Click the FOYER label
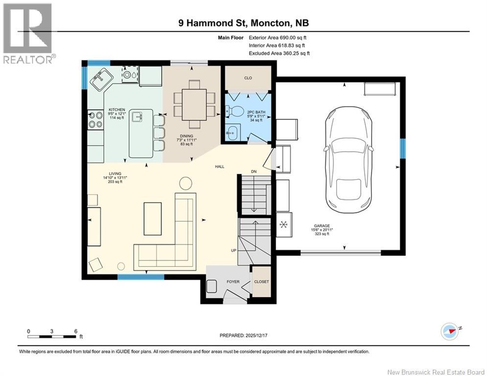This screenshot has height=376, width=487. [232, 282]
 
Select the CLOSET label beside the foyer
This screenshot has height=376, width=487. [261, 282]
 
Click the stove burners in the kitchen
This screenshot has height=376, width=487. [94, 120]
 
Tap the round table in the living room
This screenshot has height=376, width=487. [186, 183]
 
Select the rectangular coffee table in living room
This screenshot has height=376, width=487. [152, 218]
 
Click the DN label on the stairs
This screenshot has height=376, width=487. [254, 171]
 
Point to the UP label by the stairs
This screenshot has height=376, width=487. [233, 250]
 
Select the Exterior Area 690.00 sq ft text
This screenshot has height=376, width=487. [278, 37]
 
